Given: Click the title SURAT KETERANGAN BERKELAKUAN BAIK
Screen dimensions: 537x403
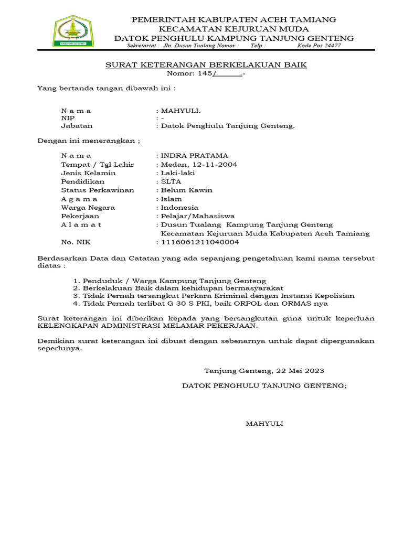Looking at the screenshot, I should (206, 65).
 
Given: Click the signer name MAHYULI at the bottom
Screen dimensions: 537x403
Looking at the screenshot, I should (264, 424).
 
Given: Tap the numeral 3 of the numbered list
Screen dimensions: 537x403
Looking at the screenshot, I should (77, 296).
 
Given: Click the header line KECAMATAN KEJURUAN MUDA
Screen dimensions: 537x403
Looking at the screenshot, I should (234, 29).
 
